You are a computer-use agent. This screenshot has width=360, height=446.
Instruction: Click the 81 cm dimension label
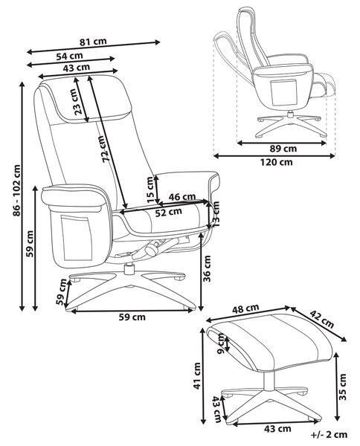pos(93,42)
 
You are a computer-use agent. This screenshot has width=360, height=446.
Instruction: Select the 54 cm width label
pos(69,56)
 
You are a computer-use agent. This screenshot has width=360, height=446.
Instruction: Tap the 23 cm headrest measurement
pos(79,102)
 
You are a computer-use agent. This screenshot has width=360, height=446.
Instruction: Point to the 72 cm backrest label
pos(106,149)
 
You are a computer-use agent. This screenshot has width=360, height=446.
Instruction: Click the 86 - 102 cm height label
pos(17,190)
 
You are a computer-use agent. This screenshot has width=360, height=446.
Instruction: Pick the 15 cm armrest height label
pos(150,189)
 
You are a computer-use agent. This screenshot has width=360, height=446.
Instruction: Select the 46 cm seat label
pos(181,197)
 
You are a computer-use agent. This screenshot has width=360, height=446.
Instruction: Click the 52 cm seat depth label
pos(169,212)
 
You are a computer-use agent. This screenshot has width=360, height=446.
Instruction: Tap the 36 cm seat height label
pos(208,268)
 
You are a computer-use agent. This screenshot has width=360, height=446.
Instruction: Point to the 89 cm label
pos(283,149)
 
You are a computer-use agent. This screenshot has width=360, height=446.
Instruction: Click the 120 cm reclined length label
pos(277,162)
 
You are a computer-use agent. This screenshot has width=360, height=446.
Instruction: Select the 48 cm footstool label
pos(245,308)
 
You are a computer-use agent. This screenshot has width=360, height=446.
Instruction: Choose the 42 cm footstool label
pos(322,319)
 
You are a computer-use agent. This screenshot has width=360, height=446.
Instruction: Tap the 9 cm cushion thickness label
pos(222,343)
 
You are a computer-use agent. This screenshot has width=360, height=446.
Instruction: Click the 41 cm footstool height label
pos(197,376)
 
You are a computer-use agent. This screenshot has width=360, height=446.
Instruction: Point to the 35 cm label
pos(343,387)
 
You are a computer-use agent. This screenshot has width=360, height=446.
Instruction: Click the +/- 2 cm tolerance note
pos(330,435)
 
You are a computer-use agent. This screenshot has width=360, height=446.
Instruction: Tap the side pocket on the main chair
pos(77,239)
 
